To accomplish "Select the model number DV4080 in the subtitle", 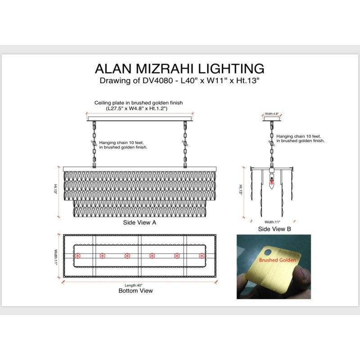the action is pos(157,81).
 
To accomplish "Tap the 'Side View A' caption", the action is pos(139,222).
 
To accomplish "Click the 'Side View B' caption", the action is pos(274,229).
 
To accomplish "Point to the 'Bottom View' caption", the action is pos(135,291).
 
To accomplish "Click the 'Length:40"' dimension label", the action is pos(134,285).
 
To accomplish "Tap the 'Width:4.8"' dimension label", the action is pos(272,114).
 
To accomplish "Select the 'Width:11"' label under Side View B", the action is pos(272,222).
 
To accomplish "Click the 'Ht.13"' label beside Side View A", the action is pos(55,189).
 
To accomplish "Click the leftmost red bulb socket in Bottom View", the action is pos(77,256).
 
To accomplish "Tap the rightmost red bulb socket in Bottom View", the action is pos(202,256).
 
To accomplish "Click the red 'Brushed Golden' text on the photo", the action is pos(277,260).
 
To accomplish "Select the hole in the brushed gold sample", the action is pos(267,252).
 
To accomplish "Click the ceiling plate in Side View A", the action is pos(140,119).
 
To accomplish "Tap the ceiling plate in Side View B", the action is pos(272,118).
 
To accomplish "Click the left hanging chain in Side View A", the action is pos(94,144).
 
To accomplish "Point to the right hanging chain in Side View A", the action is pos(185,144).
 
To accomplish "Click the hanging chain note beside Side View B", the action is pos(300,139).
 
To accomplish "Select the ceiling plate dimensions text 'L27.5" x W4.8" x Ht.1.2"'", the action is pos(137,108).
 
